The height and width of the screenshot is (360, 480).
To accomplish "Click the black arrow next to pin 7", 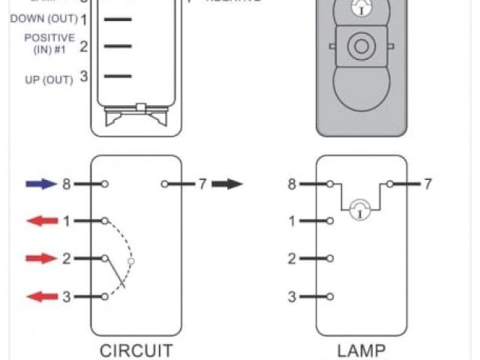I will pos(227,184).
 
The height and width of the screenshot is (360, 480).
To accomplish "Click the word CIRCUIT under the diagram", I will pos(136,350).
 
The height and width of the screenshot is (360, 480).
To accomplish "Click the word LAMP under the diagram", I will pos(361,350).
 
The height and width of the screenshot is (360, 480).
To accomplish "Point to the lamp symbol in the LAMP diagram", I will pos(361,208).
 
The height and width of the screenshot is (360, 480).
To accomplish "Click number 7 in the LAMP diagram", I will pos(427,184).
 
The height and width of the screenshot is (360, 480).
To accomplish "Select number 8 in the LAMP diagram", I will pos(291,184).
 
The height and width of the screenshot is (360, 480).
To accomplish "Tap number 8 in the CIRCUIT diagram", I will pos(66,184).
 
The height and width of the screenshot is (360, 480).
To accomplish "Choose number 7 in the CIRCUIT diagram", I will pos(202,184).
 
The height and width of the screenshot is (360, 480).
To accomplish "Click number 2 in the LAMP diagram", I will pos(292,259).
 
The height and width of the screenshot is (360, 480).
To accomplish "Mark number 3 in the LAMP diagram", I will pos(292,297).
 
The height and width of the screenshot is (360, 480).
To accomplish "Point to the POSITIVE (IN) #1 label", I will pos(49,43).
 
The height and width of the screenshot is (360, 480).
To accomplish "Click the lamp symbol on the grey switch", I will pos(361,8).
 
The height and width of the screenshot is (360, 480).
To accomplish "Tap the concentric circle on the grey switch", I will pos(361,47).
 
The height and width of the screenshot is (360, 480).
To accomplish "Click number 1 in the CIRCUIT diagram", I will pos(66,221).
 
